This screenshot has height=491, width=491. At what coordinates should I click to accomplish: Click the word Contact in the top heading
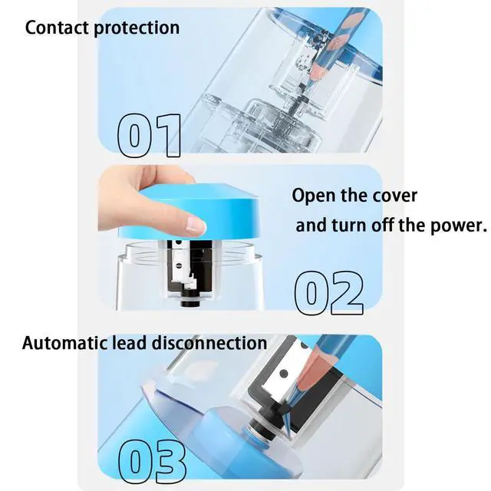point(57,28)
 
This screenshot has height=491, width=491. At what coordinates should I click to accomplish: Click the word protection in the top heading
point(137,28)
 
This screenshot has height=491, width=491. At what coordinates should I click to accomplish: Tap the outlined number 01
point(150,135)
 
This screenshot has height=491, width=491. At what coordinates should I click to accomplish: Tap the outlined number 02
point(329,293)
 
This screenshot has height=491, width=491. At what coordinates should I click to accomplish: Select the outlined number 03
point(152,462)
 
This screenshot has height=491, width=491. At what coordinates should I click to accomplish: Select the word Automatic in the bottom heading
point(64,343)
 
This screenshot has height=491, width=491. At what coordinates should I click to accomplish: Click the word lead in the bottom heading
point(130,343)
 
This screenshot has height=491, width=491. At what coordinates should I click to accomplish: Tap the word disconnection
point(209,343)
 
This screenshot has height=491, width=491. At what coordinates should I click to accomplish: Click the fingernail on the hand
point(196,226)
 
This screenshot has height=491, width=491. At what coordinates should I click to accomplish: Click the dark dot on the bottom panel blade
point(283,374)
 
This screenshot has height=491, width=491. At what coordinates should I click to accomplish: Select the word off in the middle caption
point(382,225)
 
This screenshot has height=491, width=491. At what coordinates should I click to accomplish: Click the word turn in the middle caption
point(348,226)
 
